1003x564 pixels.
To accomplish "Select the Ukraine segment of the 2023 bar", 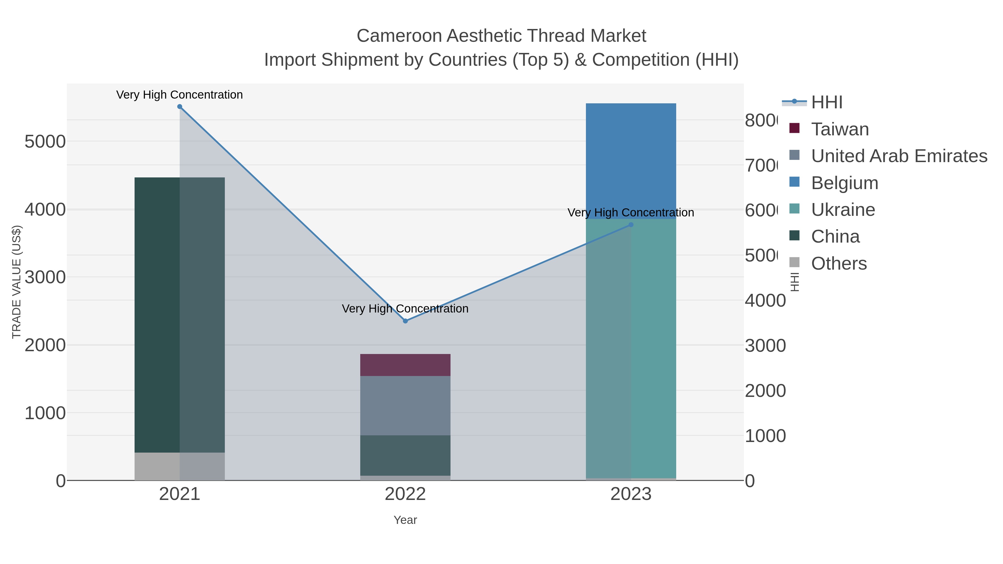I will (631, 348).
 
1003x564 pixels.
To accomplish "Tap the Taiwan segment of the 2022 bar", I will (405, 365).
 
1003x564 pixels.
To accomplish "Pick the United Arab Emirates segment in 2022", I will (405, 405).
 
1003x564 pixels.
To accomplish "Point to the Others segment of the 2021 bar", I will (179, 466).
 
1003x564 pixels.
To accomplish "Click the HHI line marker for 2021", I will (179, 107).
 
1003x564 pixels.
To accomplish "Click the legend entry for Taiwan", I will (839, 129).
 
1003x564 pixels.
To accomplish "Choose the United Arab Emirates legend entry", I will (899, 156).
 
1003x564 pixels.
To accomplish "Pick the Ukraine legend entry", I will (843, 210).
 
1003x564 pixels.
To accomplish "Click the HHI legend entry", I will (826, 102).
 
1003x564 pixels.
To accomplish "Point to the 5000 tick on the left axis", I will (45, 142).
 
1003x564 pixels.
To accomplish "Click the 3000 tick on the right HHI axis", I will (765, 346).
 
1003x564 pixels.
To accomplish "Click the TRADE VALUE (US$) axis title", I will (16, 282).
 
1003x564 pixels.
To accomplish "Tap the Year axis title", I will (405, 520).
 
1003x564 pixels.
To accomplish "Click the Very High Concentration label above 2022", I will (405, 309).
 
